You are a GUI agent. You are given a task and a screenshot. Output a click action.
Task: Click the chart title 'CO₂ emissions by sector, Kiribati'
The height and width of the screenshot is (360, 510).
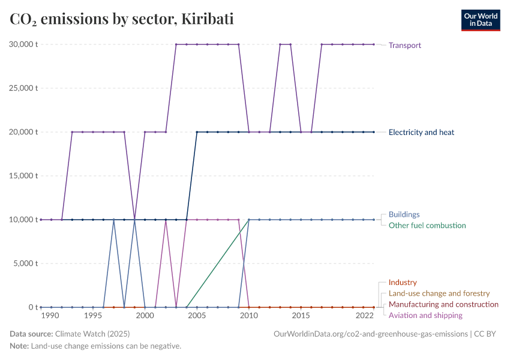coord(122,19)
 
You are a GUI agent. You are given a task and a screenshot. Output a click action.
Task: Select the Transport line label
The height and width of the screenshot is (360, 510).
coord(404,45)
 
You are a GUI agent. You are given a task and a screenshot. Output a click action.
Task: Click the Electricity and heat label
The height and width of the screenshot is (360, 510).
coord(421,132)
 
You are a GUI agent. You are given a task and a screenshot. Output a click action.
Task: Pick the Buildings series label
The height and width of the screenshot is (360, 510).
coord(404,214)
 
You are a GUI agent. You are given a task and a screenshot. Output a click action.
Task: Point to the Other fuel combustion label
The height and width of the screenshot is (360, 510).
coord(427,226)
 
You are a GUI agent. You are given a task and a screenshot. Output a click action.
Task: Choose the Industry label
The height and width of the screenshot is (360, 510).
coord(402,282)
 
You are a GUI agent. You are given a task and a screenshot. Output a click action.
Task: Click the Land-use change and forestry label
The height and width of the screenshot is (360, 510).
coord(439,293)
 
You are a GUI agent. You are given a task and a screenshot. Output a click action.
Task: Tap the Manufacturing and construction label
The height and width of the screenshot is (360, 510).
coord(443,304)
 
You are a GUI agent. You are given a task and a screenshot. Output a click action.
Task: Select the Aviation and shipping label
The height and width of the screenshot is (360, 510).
coord(425,316)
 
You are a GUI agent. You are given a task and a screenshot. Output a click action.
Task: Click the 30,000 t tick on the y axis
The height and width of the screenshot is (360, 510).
coord(23,44)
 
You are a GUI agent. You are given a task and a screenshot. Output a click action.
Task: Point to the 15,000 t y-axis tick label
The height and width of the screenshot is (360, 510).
coord(23,176)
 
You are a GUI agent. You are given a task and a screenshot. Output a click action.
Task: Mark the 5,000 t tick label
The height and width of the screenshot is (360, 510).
coord(26,263)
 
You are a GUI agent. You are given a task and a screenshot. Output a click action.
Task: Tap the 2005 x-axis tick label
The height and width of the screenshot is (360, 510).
coord(197,316)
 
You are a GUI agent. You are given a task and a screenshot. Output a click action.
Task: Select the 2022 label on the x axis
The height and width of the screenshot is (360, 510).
coord(364,316)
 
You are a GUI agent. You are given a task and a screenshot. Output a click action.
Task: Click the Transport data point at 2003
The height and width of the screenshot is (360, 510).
coord(176,44)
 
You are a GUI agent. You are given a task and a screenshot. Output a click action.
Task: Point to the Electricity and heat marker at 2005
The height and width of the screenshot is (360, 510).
coord(197,132)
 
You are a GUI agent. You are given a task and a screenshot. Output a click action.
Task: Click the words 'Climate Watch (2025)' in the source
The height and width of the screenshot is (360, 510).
coord(92,334)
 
